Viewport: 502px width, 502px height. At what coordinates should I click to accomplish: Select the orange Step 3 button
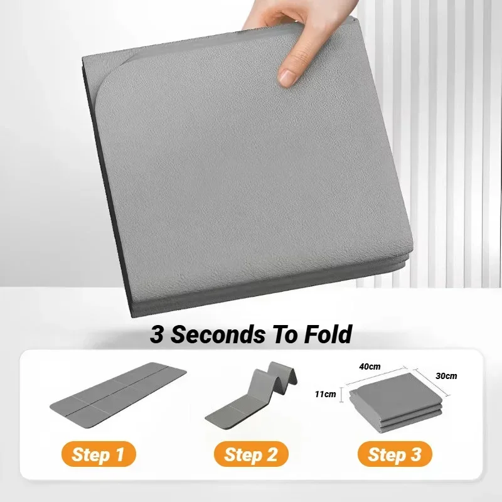coord(395,454)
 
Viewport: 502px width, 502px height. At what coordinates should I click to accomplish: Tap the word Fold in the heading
coord(327,334)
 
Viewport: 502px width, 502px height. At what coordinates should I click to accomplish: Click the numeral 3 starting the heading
coord(156,334)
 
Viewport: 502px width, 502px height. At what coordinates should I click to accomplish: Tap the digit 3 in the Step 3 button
coord(416,454)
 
